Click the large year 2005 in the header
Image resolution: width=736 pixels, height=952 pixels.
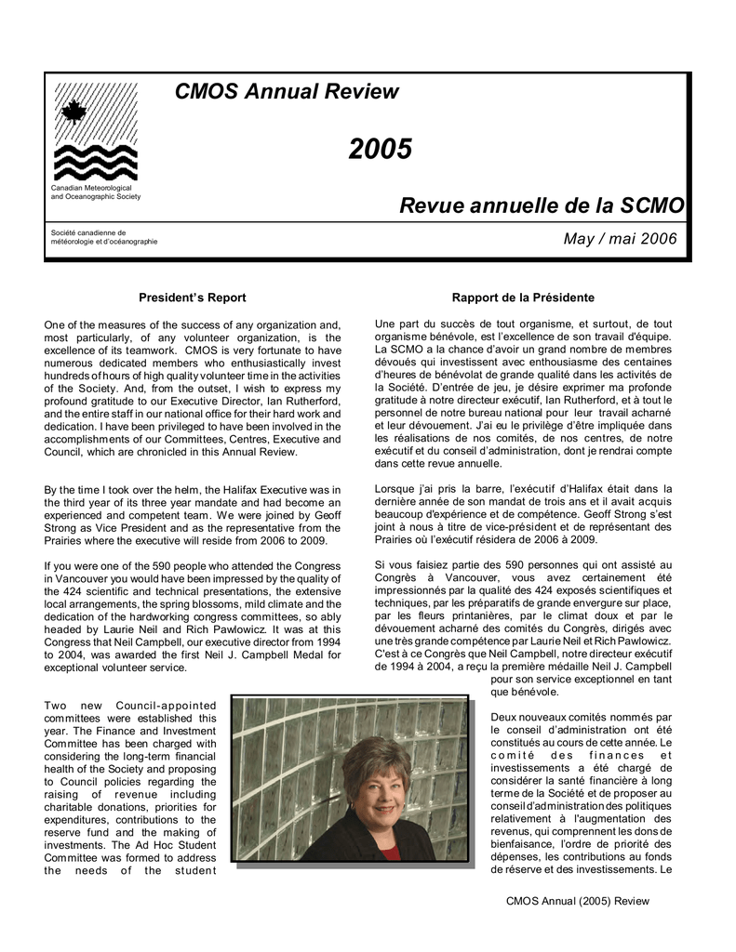point(381,149)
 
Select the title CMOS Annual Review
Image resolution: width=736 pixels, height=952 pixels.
point(287,92)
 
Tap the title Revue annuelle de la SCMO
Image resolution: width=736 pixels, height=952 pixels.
point(542,205)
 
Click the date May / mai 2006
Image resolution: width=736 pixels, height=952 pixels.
point(620,240)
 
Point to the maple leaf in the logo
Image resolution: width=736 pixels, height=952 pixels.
point(74,113)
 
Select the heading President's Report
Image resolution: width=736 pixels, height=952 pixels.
point(192,297)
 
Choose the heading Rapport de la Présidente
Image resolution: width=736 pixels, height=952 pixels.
point(523,297)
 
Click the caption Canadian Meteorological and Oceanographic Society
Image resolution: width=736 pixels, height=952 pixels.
point(96,192)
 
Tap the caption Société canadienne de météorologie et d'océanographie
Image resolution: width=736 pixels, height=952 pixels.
point(103,237)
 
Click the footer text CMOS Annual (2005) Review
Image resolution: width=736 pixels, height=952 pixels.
point(577,901)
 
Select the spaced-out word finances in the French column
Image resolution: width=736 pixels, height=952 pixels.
point(619,755)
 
